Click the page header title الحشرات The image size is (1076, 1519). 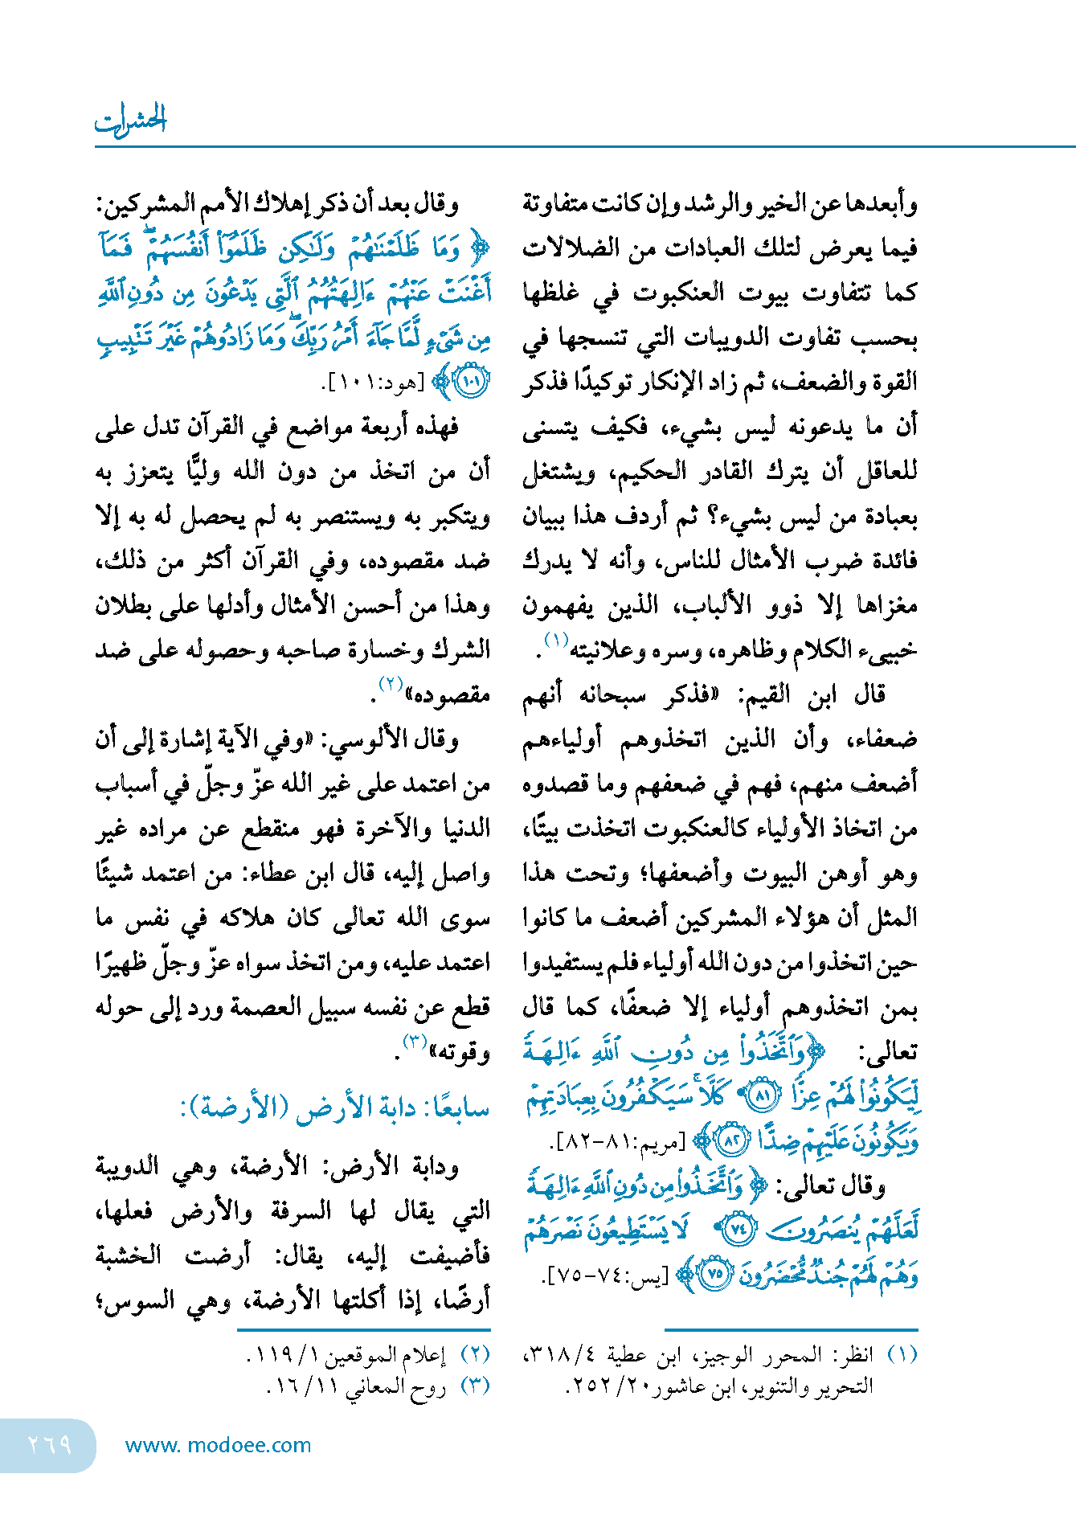[130, 120]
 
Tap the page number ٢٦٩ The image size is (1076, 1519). [49, 1445]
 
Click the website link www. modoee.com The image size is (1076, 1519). [218, 1445]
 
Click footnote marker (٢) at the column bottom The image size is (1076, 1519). [476, 1355]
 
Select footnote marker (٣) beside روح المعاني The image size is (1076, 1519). [476, 1386]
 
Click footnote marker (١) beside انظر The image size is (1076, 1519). [902, 1355]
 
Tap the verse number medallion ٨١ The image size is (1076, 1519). [763, 1095]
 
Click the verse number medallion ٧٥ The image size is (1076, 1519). [716, 1275]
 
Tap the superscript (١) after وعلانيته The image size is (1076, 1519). [556, 640]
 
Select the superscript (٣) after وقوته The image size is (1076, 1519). [414, 1042]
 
